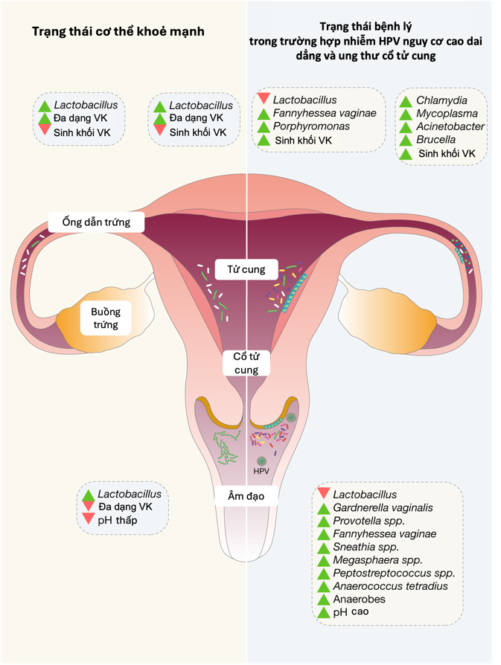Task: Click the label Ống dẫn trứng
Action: click(x=96, y=222)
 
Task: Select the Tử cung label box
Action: click(x=246, y=269)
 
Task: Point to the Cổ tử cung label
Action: click(x=246, y=363)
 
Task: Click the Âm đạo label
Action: click(x=246, y=496)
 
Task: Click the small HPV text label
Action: click(x=261, y=472)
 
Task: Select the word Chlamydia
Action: click(x=441, y=100)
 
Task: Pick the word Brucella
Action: click(x=436, y=140)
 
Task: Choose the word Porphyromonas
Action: click(x=311, y=126)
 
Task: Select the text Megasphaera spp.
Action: click(x=377, y=560)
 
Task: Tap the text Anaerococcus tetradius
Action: click(x=390, y=586)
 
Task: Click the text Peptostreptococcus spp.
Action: click(x=394, y=573)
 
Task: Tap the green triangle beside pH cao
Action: click(x=323, y=613)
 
